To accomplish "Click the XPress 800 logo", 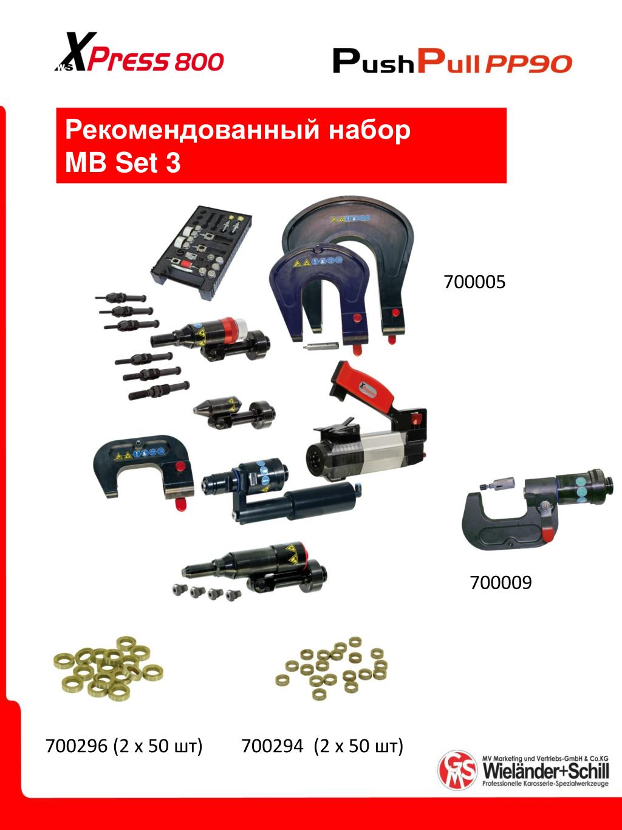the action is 139,52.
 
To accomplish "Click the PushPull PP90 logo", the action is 453,62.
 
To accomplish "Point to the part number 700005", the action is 474,282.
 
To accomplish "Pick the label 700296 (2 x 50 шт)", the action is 124,746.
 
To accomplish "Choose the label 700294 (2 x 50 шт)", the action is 322,746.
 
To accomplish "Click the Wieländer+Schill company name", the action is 546,770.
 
